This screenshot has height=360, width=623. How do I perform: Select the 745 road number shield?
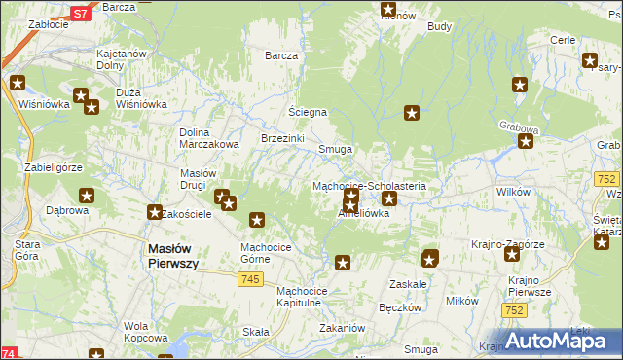[249, 280]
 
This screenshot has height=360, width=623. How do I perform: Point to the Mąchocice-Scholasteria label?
[376, 185]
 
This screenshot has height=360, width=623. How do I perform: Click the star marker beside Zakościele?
[154, 211]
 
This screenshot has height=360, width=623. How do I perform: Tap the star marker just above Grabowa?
[526, 141]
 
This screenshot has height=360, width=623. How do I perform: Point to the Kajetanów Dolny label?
[123, 63]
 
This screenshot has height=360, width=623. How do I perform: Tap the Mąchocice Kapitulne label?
[312, 297]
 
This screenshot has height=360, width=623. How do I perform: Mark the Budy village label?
[439, 26]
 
